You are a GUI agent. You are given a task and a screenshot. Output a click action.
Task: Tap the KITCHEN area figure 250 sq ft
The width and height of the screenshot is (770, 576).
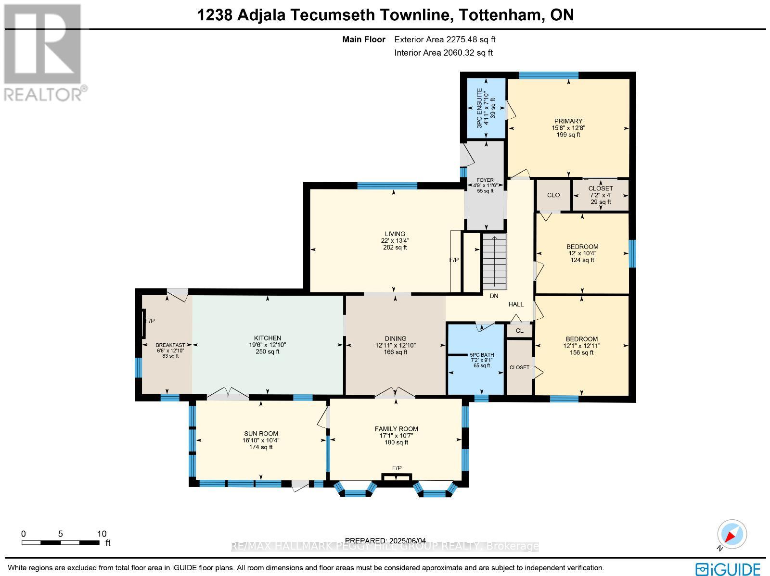tap(268, 352)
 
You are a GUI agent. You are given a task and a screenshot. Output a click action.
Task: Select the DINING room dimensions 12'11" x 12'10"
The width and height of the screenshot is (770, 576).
tap(396, 345)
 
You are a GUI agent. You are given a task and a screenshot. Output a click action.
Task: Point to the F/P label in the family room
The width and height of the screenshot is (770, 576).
tap(397, 468)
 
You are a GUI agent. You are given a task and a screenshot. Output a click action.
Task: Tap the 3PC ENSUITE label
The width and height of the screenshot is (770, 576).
tap(479, 108)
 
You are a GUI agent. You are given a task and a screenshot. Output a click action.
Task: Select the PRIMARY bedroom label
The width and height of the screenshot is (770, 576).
tap(568, 121)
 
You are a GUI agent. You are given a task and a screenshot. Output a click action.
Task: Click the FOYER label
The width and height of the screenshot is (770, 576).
tap(485, 180)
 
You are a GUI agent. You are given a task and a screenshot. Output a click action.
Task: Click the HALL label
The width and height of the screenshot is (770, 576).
tap(516, 304)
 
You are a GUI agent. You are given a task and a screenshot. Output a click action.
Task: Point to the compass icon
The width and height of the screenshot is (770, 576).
tap(731, 535)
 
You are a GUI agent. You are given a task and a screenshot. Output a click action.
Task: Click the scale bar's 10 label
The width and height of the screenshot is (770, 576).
tap(102, 534)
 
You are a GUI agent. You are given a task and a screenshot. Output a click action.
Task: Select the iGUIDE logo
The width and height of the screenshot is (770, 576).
tap(729, 569)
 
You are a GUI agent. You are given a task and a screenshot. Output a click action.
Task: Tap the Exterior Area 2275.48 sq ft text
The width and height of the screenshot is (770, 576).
tap(445, 39)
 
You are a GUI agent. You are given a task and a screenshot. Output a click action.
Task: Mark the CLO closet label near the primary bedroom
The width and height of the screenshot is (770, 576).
tap(553, 195)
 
